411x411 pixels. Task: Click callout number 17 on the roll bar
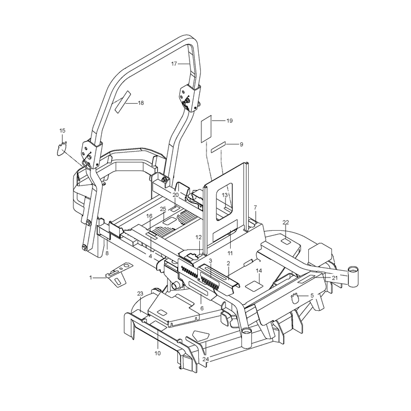(x=174, y=64)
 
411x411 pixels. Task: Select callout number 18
(x=141, y=103)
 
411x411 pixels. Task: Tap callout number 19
(x=229, y=121)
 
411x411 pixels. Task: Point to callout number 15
(x=62, y=130)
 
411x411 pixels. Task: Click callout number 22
(x=286, y=222)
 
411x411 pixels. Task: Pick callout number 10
(x=158, y=353)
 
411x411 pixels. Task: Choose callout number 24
(x=206, y=359)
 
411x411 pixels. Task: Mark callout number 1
(x=91, y=277)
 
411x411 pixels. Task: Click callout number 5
(x=312, y=296)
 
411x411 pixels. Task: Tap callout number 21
(x=335, y=278)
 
